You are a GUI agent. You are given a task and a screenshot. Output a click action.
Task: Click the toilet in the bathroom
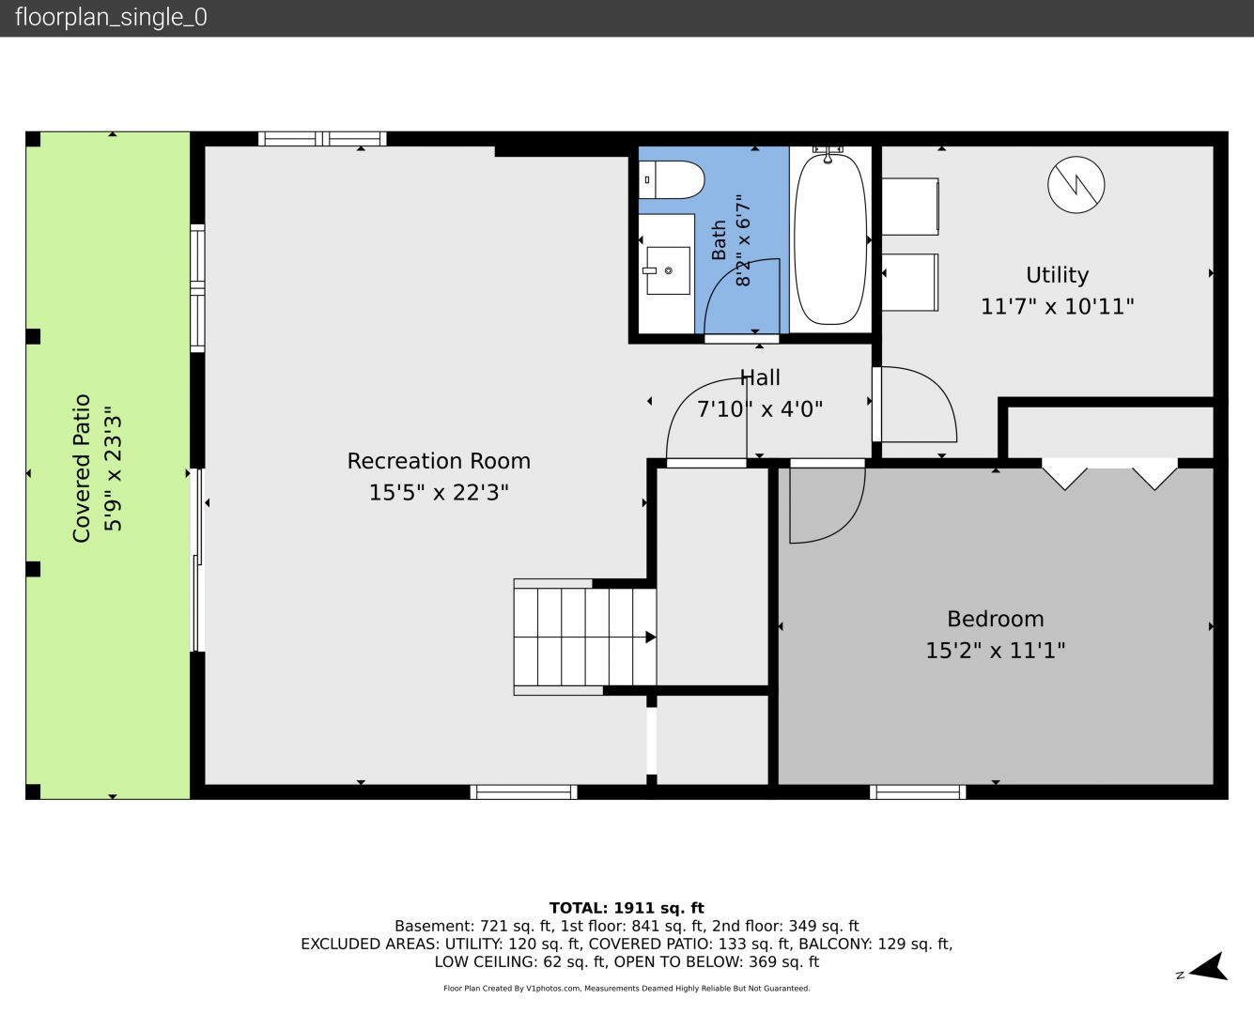point(672,179)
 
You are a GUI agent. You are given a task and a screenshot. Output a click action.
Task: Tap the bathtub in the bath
point(830,238)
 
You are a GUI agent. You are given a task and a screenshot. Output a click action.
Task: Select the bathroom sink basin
point(668,270)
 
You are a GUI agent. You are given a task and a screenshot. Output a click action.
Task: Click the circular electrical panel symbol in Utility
point(1076,185)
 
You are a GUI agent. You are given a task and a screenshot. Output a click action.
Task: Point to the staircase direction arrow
point(651,637)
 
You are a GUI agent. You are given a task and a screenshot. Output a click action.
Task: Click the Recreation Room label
point(439,461)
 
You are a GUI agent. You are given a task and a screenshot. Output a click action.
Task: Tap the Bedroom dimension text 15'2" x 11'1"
point(996,651)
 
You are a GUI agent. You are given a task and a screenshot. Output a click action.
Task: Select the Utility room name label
point(1058,275)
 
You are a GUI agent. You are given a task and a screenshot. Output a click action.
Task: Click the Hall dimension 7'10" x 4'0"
point(760,408)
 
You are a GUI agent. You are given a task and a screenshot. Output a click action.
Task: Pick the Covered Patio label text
point(81,469)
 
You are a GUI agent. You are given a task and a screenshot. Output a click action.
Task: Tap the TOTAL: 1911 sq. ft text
point(627,908)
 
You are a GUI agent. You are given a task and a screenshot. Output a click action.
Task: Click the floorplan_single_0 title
point(111,18)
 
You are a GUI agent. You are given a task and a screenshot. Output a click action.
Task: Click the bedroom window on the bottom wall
point(918,792)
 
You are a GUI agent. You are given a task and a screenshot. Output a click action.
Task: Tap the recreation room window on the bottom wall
point(523,792)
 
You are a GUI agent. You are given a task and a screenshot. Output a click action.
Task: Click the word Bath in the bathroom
point(719,239)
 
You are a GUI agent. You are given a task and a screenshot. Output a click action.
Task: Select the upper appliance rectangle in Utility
point(909,207)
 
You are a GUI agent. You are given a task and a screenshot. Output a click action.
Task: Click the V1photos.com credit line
point(627,988)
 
